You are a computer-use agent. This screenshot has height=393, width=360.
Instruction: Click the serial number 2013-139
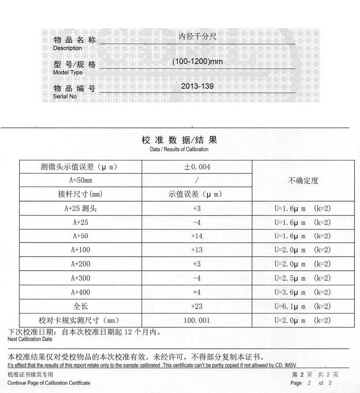click(197, 86)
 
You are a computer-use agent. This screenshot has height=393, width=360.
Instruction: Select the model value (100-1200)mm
click(197, 61)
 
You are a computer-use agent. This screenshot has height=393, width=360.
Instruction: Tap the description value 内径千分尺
click(197, 37)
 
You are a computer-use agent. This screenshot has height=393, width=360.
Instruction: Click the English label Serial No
click(65, 96)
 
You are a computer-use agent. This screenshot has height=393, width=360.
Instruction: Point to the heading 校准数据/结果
click(179, 140)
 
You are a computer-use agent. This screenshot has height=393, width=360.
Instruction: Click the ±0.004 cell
click(197, 167)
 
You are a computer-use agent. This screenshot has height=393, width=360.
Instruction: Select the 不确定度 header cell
click(303, 180)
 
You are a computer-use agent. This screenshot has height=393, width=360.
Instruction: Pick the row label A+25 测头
click(80, 209)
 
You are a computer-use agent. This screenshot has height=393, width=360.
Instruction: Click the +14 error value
click(197, 236)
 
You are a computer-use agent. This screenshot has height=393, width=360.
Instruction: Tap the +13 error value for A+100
click(197, 250)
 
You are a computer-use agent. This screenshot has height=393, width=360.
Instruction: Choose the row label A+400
click(80, 292)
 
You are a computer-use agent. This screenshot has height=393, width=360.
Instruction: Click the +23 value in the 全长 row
click(197, 306)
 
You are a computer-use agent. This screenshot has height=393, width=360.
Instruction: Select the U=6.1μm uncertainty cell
click(303, 306)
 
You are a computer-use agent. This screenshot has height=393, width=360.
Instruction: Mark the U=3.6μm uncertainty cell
click(303, 292)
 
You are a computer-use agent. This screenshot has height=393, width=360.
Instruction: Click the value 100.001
click(197, 320)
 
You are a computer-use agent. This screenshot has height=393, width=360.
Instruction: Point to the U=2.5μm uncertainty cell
click(303, 278)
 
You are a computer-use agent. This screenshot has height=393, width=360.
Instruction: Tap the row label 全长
click(80, 306)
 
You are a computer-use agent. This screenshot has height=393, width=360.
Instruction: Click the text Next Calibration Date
click(30, 339)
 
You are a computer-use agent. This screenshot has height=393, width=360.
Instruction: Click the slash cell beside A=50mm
click(197, 180)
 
